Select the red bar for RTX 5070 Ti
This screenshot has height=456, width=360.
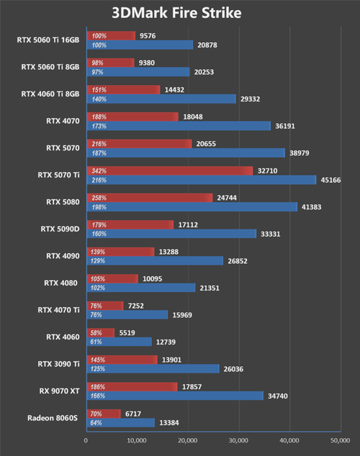pyautogui.click(x=169, y=171)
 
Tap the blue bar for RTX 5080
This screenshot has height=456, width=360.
pyautogui.click(x=192, y=207)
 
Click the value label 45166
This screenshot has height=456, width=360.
pyautogui.click(x=331, y=180)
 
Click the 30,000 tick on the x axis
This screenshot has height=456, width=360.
pyautogui.click(x=238, y=440)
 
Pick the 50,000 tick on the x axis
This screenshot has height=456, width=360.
pyautogui.click(x=338, y=440)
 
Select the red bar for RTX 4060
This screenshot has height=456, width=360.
pyautogui.click(x=100, y=333)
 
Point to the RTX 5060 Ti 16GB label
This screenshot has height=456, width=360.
pyautogui.click(x=48, y=40)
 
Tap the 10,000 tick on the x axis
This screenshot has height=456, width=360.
pyautogui.click(x=137, y=440)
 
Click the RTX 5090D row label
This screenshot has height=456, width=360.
pyautogui.click(x=60, y=229)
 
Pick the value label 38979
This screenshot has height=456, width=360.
pyautogui.click(x=300, y=153)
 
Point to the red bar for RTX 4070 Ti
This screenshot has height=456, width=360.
pyautogui.click(x=104, y=306)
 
